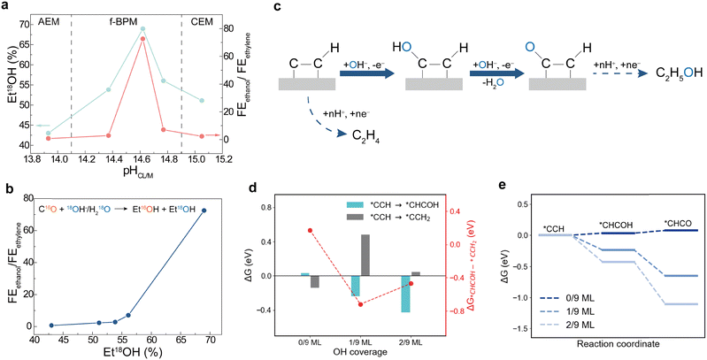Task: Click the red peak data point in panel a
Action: (143, 39)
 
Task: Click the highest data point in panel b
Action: (204, 211)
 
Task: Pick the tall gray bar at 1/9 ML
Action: (340, 256)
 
